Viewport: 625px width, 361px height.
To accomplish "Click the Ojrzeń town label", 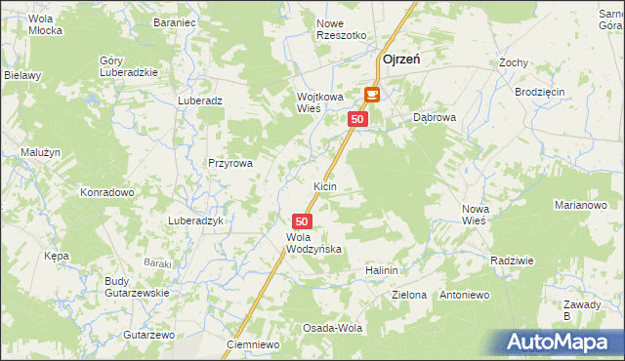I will [x=402, y=60].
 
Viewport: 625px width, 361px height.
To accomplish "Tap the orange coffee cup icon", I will [x=372, y=95].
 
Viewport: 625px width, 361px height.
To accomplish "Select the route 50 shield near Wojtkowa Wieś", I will [x=357, y=119].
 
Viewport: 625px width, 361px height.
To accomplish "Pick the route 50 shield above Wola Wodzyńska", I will [x=302, y=221].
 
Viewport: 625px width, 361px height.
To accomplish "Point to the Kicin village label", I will [x=325, y=185].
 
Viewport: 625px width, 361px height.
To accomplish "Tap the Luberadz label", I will [x=201, y=100].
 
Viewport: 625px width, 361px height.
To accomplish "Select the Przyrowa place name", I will [x=230, y=164].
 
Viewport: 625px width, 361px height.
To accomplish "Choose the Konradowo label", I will [x=107, y=192].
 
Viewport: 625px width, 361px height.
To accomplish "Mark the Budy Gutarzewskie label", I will [x=137, y=287].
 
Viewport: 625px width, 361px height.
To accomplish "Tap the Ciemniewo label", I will [x=253, y=345].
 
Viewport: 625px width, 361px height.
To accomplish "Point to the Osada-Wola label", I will [x=333, y=328].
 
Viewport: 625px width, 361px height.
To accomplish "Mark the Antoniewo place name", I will [x=465, y=295].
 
